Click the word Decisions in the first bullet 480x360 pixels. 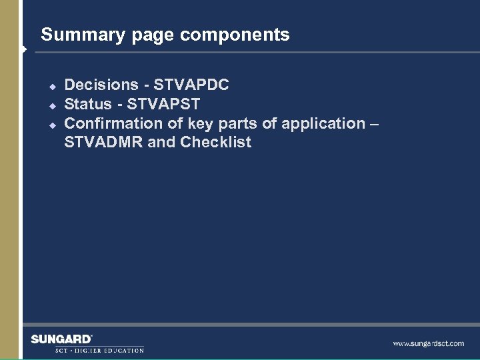[101, 85]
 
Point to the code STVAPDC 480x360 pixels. [191, 85]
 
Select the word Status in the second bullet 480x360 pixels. [87, 104]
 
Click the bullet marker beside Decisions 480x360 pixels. [50, 85]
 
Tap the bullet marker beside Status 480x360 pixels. [50, 105]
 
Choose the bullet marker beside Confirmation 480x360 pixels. [50, 124]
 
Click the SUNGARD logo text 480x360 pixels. [61, 339]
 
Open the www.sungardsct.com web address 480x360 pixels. [428, 343]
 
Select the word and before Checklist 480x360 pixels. [162, 143]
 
